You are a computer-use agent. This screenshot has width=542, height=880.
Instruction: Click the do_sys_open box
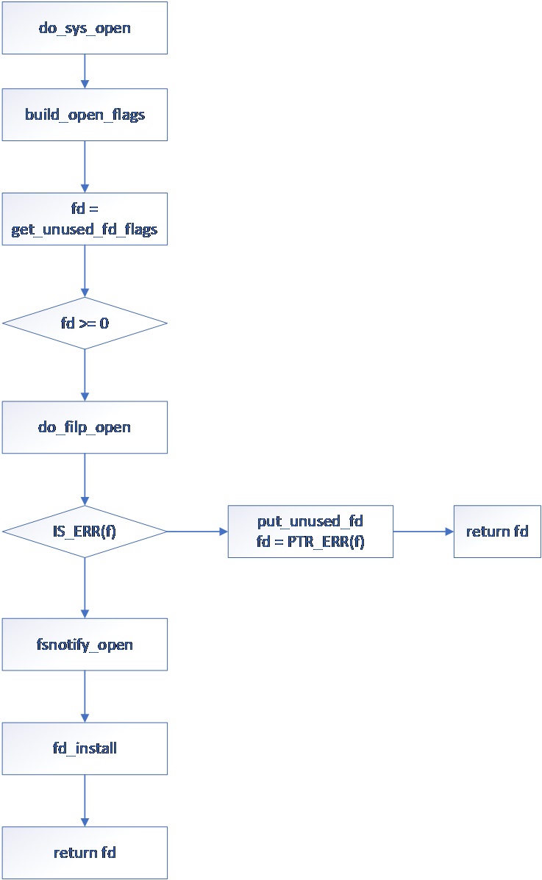coord(85,28)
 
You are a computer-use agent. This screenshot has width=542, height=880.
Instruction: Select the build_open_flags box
coord(85,115)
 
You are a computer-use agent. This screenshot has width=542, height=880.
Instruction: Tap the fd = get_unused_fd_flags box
coord(85,219)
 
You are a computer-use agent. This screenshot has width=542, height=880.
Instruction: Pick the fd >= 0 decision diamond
coord(85,323)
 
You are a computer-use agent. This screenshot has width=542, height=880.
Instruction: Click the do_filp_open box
coord(85,427)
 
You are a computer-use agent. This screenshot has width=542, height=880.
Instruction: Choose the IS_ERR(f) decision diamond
coord(85,532)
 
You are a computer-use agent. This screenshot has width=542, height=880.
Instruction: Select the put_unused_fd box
coord(310,532)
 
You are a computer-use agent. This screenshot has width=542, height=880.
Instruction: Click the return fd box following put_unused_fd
coord(497,532)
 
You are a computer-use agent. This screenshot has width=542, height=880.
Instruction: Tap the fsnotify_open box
coord(85,644)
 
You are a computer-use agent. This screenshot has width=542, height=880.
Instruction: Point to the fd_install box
coord(85,748)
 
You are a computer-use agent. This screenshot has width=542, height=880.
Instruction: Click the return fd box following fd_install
coord(85,853)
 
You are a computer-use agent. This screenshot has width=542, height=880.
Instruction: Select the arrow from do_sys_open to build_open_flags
coord(85,71)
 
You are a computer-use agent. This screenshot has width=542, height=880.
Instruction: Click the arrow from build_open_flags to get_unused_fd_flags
coord(85,167)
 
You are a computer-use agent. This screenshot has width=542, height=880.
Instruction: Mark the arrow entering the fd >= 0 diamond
coord(85,271)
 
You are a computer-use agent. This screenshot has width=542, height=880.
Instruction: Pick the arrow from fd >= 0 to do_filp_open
coord(85,375)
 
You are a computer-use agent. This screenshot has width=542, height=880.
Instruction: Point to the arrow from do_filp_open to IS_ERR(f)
coord(85,479)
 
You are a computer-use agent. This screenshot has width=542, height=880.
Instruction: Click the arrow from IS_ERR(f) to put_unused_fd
coord(197,532)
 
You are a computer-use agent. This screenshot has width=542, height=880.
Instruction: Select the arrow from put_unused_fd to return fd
coord(423,532)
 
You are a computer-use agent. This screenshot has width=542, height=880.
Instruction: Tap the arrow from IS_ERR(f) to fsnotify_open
coord(85,587)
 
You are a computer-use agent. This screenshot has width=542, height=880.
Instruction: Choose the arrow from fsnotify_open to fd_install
coord(85,696)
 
